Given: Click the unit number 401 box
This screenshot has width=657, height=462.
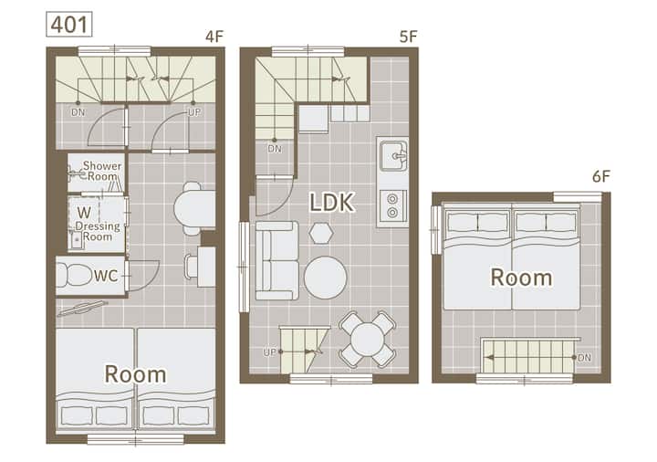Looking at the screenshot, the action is pos(68,25).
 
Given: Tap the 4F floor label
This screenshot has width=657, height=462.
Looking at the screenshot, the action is pos(214,37).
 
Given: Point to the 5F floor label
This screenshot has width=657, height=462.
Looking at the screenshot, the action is pos(408,37).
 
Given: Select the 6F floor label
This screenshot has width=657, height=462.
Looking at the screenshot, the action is pos(600,176).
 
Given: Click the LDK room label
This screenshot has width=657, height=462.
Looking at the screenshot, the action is pos(332,202).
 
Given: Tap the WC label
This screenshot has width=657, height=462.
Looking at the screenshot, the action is pos(106,276).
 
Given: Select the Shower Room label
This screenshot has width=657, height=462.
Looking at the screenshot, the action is pos(102,171).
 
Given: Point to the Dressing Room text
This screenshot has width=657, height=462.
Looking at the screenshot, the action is pos(98,231).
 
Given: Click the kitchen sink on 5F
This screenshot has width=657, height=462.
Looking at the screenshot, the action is pos(393,155).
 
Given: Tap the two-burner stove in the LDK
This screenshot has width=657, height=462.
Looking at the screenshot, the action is pos(392,205).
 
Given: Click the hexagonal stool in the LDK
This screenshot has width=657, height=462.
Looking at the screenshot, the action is pos(321,233).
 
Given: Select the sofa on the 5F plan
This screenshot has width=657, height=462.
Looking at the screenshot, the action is pos(277,261).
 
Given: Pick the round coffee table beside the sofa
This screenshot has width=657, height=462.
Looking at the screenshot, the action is pos(326,278).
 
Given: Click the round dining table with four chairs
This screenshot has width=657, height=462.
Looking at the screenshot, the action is pos(367,340).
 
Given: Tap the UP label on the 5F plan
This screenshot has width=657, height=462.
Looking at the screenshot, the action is pos(269,352).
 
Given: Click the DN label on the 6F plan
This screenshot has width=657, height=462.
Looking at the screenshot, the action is pos(584,358).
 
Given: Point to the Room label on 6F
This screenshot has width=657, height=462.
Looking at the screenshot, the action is pos(521,278).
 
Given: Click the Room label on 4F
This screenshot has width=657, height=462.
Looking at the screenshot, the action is pos(135,374).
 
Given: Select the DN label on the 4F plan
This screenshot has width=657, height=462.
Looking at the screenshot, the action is pos(78,112).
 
